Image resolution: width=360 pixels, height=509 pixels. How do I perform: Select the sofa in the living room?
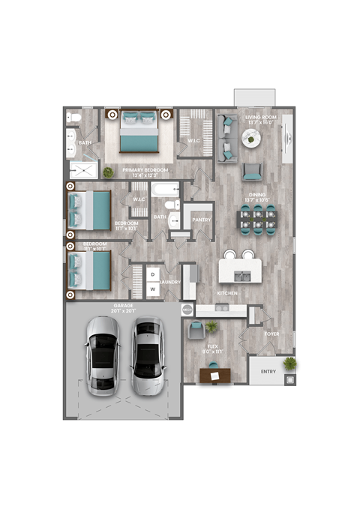click(x=226, y=139)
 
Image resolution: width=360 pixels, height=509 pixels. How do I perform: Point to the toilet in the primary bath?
click(x=73, y=119)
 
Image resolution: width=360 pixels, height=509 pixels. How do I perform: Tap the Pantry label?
click(x=201, y=220)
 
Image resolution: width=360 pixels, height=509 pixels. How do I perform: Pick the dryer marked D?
click(x=151, y=274)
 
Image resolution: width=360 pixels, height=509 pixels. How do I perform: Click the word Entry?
click(x=268, y=371)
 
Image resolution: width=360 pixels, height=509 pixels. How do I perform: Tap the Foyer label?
click(x=272, y=335)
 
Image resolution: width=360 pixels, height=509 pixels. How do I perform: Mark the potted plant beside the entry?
click(x=289, y=364)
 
